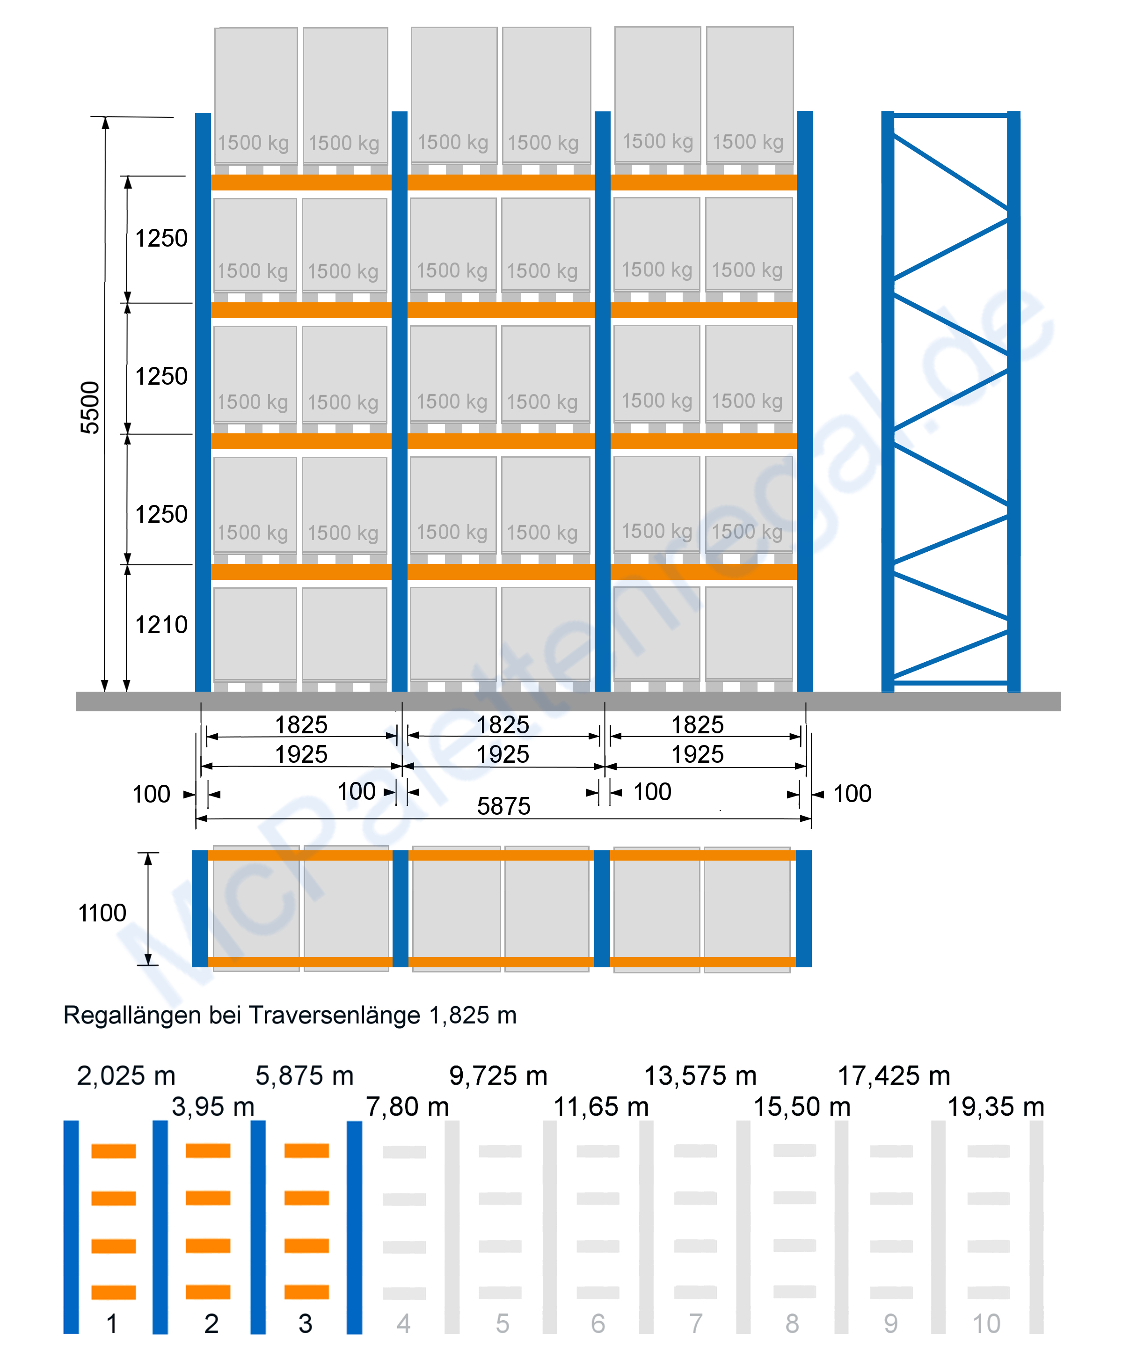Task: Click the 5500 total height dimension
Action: pyautogui.click(x=90, y=408)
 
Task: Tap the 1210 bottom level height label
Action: pyautogui.click(x=161, y=625)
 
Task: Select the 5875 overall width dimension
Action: pyautogui.click(x=503, y=806)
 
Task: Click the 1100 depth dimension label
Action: pyautogui.click(x=102, y=913)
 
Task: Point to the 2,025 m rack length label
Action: pyautogui.click(x=126, y=1075)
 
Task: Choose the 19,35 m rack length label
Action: pyautogui.click(x=996, y=1107)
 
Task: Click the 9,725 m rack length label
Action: pyautogui.click(x=498, y=1075)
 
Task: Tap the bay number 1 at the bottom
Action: pyautogui.click(x=112, y=1324)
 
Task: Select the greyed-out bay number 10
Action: pyautogui.click(x=987, y=1324)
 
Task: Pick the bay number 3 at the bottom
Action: pyautogui.click(x=306, y=1324)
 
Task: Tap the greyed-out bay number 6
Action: pyautogui.click(x=598, y=1324)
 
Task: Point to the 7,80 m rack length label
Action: pyautogui.click(x=408, y=1107)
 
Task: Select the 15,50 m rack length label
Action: pyautogui.click(x=802, y=1107)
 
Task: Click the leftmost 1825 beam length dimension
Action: pyautogui.click(x=301, y=725)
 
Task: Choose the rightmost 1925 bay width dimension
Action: pyautogui.click(x=697, y=754)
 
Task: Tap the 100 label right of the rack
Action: pyautogui.click(x=852, y=793)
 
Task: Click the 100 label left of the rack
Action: pyautogui.click(x=152, y=794)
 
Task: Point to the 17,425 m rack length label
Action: pyautogui.click(x=894, y=1075)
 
